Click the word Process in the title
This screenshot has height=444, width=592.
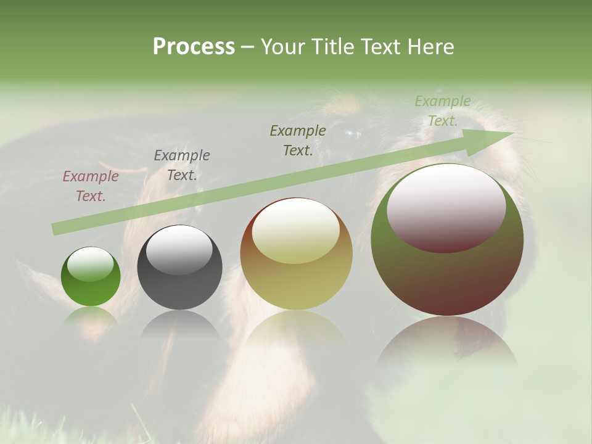coord(194,46)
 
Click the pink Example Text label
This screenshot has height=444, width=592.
coord(91,186)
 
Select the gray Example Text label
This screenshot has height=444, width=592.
coord(182,165)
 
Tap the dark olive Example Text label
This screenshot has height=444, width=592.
coord(298,140)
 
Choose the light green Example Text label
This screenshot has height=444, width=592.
coord(443,111)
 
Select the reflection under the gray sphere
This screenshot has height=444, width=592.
coord(179,324)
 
